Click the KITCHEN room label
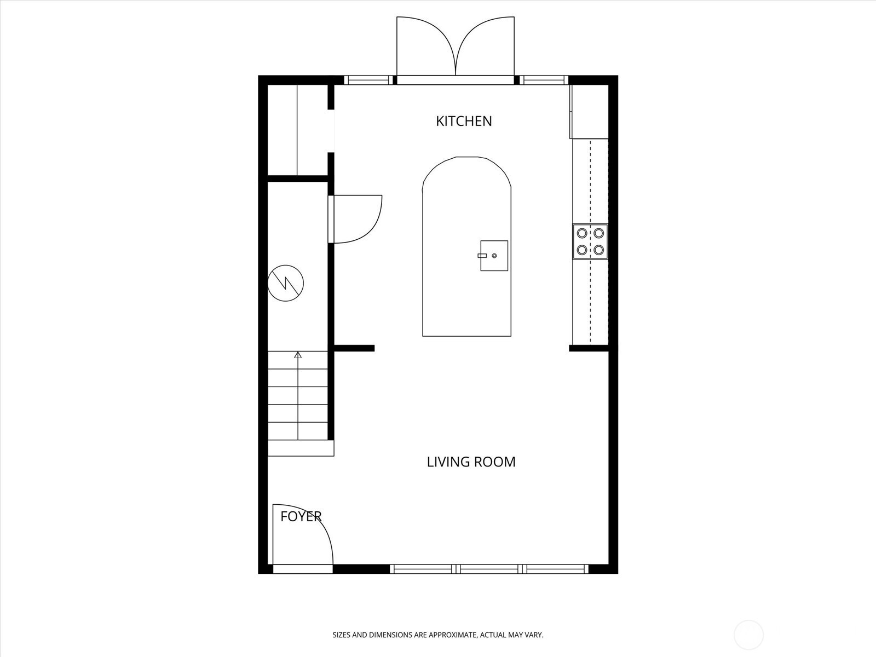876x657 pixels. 464,121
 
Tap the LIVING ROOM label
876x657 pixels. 471,462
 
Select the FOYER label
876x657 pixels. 301,517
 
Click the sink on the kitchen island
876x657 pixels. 494,256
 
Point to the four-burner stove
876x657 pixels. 590,242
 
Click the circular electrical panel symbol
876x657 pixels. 286,283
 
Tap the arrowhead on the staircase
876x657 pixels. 298,355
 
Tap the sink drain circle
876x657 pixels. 494,256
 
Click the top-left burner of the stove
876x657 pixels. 582,233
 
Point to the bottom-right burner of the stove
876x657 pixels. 598,250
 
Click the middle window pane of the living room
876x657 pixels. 489,569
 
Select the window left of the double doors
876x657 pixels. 368,80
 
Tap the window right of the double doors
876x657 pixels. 544,80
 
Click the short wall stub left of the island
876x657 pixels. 354,348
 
